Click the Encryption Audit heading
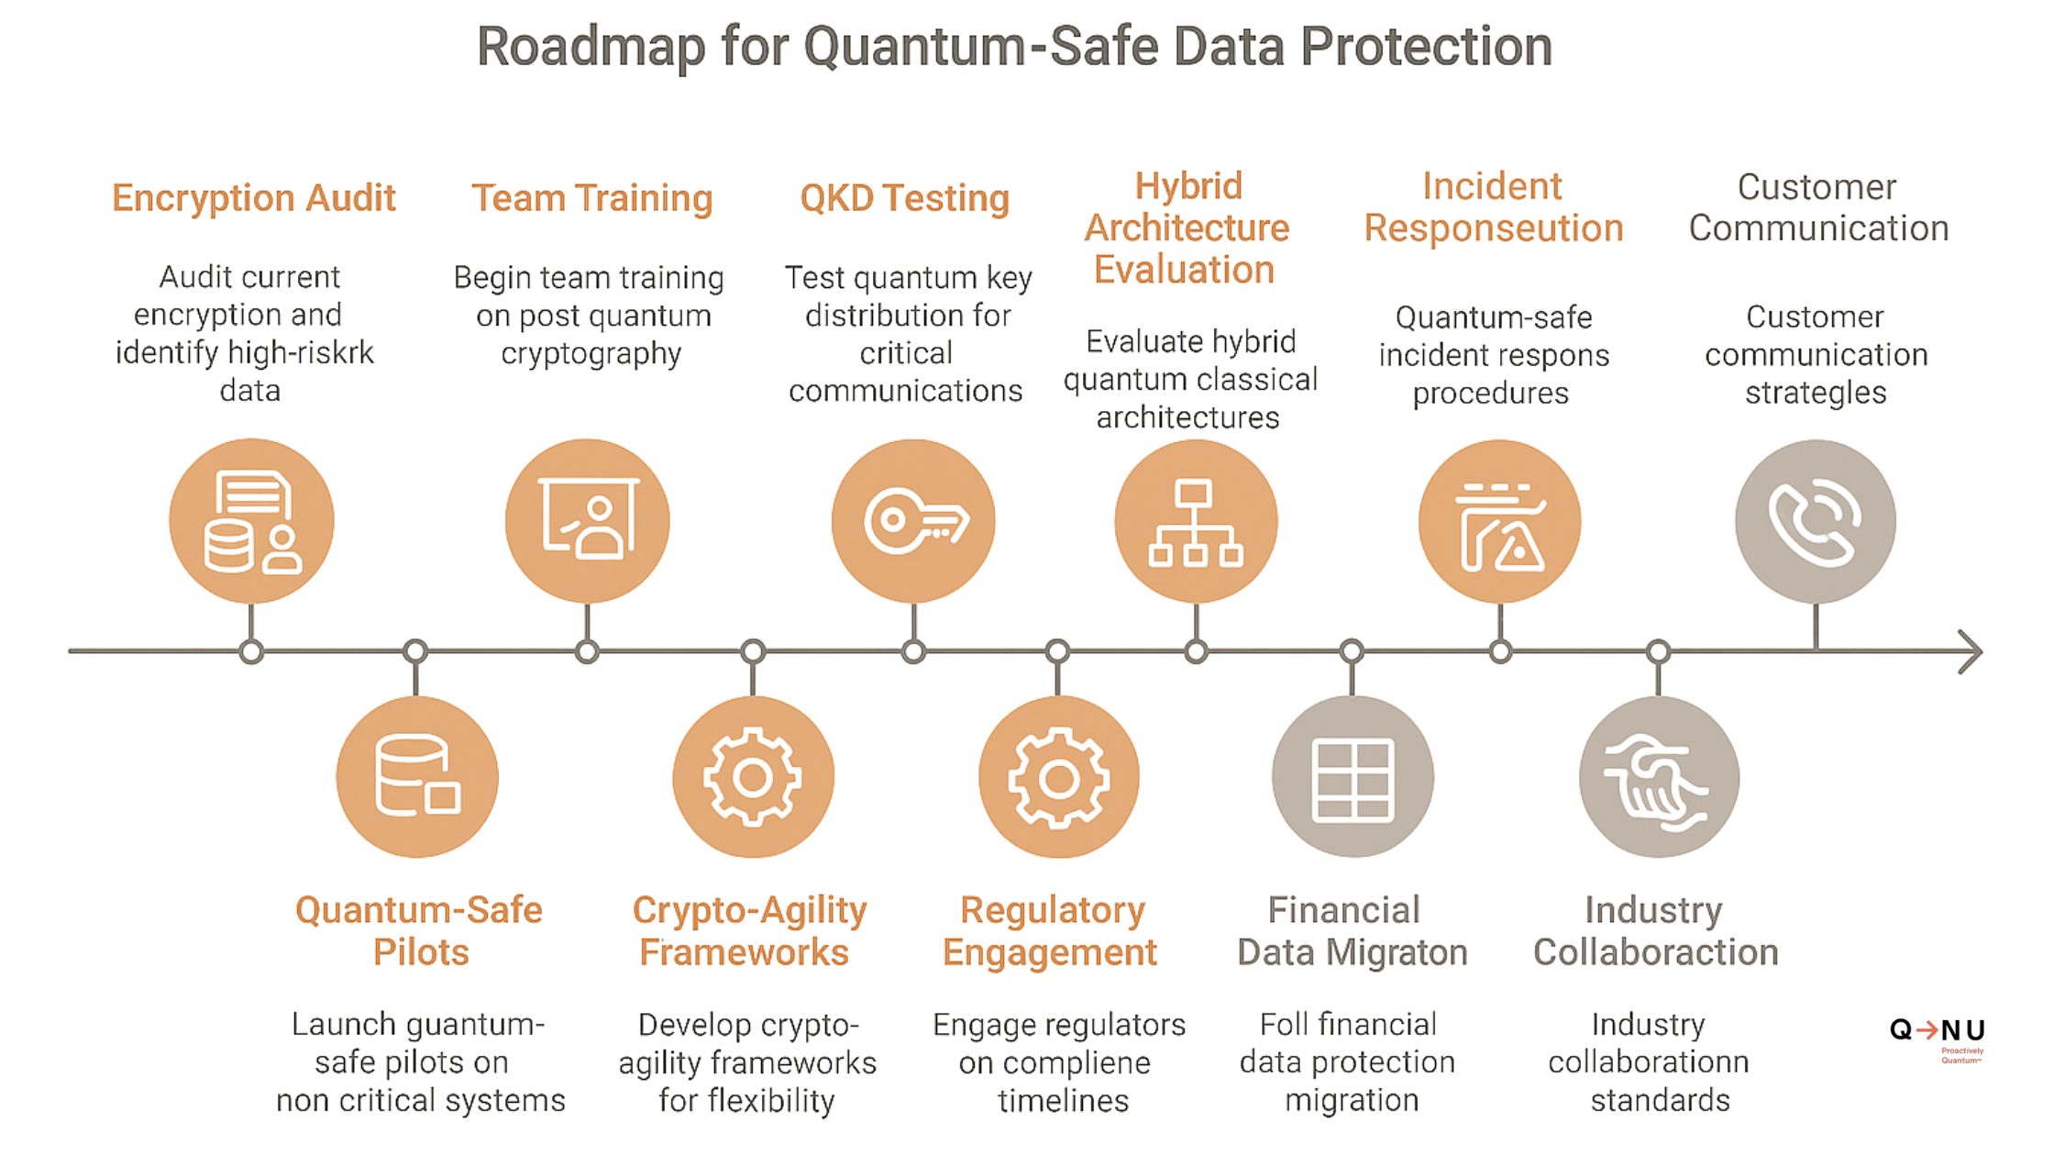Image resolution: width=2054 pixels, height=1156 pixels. [253, 198]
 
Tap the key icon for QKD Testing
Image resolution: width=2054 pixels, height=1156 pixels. [913, 521]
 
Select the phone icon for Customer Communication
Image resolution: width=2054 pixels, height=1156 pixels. [1816, 521]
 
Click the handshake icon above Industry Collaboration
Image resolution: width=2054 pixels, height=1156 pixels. [1658, 778]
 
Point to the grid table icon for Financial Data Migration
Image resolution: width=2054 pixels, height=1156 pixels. [1353, 778]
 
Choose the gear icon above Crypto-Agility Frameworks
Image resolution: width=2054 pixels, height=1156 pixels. [753, 778]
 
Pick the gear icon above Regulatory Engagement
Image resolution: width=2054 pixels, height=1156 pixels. [1058, 778]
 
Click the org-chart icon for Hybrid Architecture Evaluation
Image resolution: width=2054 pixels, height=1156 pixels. [1196, 521]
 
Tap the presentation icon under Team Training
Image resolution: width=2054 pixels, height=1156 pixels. [588, 521]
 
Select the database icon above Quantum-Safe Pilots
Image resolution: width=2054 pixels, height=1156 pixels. [417, 778]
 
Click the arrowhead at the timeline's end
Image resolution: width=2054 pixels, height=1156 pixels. [1971, 651]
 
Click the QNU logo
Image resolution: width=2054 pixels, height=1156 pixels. [1938, 1035]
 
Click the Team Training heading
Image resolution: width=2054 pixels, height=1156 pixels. [591, 198]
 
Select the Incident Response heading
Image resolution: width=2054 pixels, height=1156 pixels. [1493, 207]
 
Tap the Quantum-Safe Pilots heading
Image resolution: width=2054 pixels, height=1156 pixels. [419, 930]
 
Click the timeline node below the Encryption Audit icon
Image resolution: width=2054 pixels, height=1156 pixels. [251, 652]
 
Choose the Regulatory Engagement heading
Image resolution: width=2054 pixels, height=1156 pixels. [1051, 930]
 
